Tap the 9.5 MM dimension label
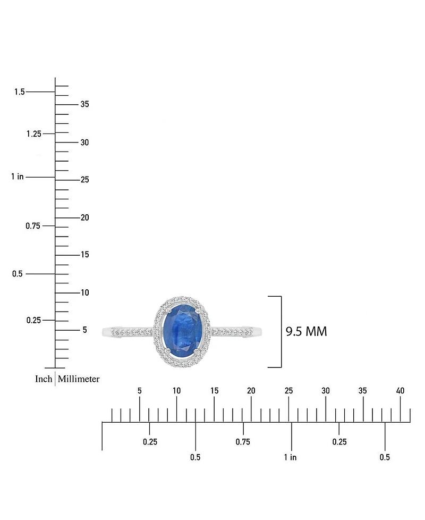[x=306, y=332]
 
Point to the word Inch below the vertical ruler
[x=44, y=379]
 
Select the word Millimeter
[x=79, y=379]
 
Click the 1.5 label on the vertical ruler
[x=20, y=92]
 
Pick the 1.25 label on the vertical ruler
[x=33, y=134]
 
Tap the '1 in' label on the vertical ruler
[x=17, y=177]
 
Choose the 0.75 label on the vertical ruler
[x=33, y=226]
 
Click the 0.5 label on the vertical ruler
[x=18, y=274]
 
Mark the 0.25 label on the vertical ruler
[x=33, y=320]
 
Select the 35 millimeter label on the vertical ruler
[x=84, y=104]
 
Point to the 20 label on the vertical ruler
[x=84, y=217]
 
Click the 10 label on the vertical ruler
[x=84, y=292]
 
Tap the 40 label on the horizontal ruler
[x=400, y=391]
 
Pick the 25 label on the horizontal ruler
[x=288, y=391]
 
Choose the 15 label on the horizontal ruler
[x=214, y=391]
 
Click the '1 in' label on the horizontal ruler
[x=290, y=457]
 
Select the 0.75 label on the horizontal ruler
[x=243, y=442]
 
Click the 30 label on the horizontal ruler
[x=326, y=391]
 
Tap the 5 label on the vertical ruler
[x=84, y=330]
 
